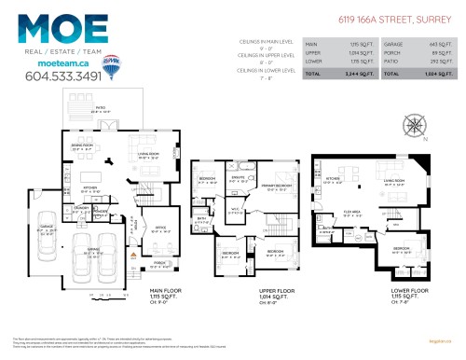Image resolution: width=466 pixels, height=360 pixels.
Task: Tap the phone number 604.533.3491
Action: click(63, 76)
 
